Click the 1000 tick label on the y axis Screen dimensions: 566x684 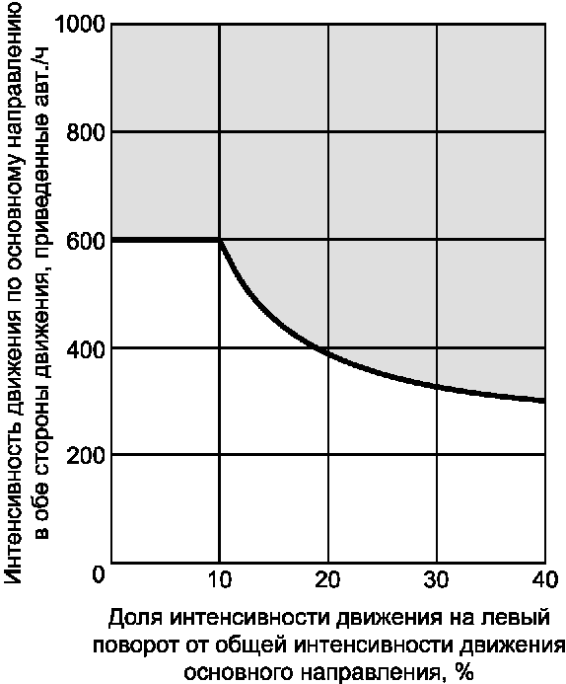click(81, 25)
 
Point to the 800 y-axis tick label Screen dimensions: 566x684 click(87, 131)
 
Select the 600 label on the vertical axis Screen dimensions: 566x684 click(87, 241)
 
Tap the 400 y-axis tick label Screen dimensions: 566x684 click(87, 347)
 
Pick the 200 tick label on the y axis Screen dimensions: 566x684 click(87, 455)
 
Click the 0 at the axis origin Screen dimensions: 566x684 click(99, 574)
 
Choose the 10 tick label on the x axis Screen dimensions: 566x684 click(219, 580)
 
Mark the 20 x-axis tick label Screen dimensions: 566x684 click(327, 580)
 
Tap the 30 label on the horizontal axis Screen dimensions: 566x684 click(437, 580)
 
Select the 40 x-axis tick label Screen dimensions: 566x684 click(544, 580)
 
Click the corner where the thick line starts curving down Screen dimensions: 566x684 click(219, 240)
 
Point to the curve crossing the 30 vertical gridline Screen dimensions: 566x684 click(437, 387)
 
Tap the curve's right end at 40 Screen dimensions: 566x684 click(544, 401)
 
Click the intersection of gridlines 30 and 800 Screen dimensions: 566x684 click(437, 131)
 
